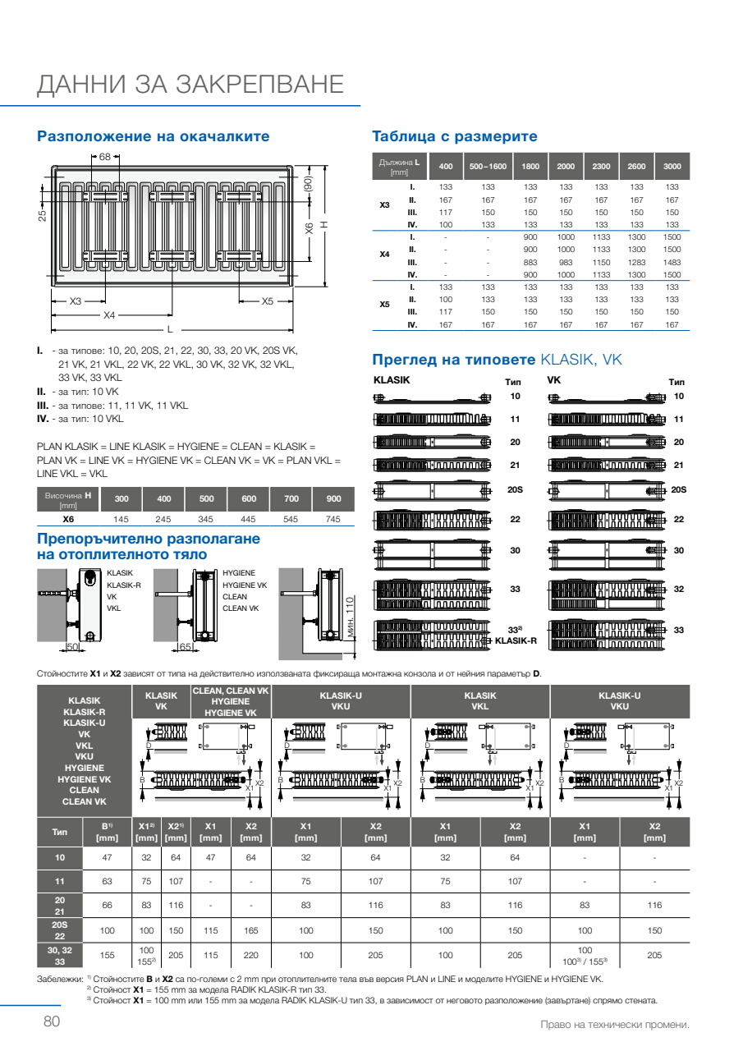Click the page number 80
52,1021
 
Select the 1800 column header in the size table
530,167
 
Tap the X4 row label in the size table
384,255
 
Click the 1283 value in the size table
636,262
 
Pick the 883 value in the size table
530,262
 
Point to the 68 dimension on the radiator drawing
105,156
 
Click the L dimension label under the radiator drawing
170,329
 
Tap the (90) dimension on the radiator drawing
309,185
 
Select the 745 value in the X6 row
333,519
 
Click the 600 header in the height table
248,499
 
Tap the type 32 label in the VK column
679,589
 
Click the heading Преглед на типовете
453,359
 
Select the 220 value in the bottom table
251,956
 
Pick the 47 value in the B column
106,857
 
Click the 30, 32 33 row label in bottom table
59,956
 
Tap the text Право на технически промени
614,1025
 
